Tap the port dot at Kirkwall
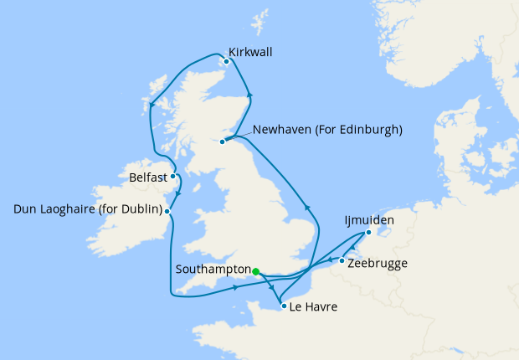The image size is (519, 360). coord(226,60)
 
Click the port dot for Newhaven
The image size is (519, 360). coord(223,141)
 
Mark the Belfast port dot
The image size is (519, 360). coord(172,177)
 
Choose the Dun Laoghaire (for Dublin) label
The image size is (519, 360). coord(88,208)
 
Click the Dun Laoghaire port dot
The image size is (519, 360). coord(167,212)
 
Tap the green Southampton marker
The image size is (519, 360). coord(255,270)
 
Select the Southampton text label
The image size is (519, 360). coord(213,270)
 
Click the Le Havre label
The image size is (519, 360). coord(313,307)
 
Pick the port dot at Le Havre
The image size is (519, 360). coord(284,306)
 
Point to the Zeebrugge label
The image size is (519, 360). coord(378,263)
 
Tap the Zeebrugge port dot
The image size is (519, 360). coord(342,261)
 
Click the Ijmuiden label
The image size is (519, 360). coord(368,221)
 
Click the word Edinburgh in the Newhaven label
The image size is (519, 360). coord(372,130)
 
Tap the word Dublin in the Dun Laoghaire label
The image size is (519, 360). coord(138,208)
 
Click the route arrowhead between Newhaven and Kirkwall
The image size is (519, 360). coord(249,95)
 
